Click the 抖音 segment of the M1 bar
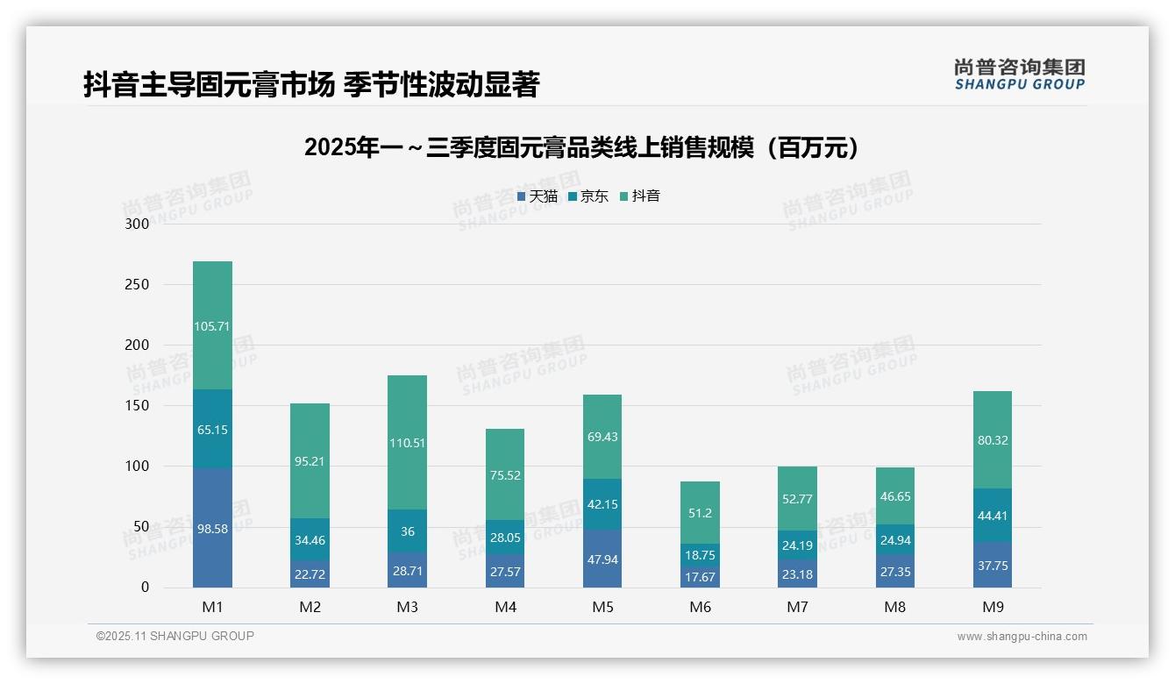[212, 325]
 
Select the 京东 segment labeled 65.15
[212, 430]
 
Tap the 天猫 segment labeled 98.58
[212, 529]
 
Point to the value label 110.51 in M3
[407, 443]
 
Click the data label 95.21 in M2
[310, 461]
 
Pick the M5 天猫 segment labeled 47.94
[602, 559]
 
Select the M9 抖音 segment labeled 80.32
[992, 440]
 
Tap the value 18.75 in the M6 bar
[700, 555]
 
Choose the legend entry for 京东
[588, 196]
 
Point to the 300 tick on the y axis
[138, 224]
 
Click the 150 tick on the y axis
[138, 406]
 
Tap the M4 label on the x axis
[505, 607]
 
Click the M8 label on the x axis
[894, 607]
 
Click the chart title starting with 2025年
[580, 147]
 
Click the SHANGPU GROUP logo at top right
[1019, 75]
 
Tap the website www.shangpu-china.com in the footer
[1022, 637]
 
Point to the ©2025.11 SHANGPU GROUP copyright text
[175, 636]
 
